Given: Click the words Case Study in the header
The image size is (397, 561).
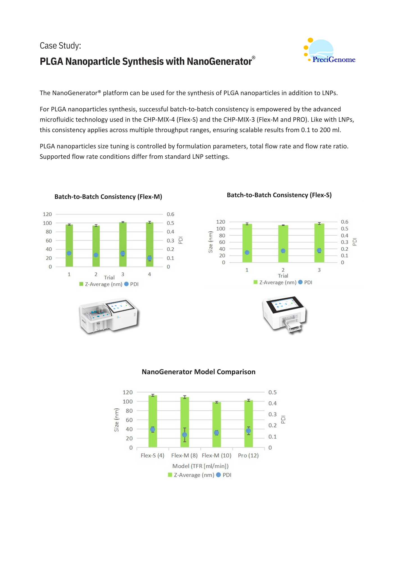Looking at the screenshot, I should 60,46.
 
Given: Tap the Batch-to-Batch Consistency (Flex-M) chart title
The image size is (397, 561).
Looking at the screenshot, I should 108,197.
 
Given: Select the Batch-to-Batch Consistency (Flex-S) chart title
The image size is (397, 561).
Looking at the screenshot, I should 279,195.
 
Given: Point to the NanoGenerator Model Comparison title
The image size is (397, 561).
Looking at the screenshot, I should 198,372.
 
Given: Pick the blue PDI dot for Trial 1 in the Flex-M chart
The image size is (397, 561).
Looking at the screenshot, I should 69,253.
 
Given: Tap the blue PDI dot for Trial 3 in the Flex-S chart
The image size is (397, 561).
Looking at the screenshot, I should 319,250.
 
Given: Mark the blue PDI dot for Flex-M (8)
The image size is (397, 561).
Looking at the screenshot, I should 184,435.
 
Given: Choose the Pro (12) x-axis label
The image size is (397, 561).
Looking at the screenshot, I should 248,456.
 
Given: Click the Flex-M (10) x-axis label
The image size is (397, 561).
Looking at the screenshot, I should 216,456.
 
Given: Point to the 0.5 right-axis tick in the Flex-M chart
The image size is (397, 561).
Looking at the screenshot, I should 170,223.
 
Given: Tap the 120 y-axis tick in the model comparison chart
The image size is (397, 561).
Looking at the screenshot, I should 128,392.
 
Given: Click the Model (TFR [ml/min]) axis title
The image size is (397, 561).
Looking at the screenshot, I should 200,466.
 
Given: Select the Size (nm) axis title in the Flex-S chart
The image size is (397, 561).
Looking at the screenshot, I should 211,242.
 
